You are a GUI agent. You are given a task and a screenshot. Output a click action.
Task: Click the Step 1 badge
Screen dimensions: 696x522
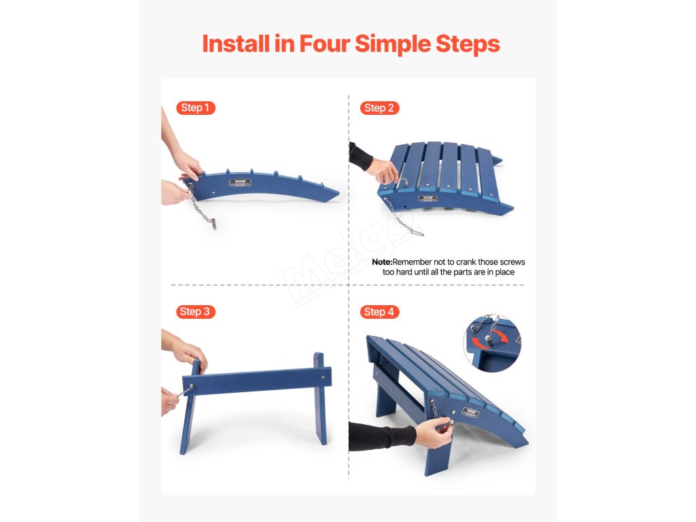[x=195, y=108]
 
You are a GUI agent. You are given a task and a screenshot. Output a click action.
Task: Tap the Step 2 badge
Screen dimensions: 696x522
[x=379, y=108]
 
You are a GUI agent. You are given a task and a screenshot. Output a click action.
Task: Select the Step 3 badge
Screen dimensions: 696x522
[x=195, y=311]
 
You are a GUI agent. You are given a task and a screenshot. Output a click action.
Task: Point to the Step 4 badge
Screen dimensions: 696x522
[x=379, y=312]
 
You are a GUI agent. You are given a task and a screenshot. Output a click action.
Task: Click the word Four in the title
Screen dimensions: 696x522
[x=324, y=43]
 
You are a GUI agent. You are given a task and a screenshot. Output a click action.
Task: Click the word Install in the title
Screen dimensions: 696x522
[x=236, y=43]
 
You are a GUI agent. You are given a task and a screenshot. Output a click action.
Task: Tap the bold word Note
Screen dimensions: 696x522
[x=382, y=262]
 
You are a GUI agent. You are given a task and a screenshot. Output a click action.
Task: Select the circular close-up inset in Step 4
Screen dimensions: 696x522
[x=493, y=343]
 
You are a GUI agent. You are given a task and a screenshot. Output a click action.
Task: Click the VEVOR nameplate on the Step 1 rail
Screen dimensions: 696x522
[x=240, y=182]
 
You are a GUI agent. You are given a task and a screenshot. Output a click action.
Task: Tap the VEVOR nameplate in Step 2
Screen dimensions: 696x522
[x=428, y=198]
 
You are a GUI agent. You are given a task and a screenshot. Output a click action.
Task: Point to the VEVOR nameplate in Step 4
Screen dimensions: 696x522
[x=470, y=412]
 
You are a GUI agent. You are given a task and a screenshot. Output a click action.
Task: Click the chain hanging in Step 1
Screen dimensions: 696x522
[x=202, y=207]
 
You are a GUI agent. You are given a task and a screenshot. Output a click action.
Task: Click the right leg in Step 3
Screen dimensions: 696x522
[x=321, y=398]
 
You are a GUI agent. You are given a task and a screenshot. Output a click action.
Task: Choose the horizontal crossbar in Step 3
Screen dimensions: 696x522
[x=257, y=381]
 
